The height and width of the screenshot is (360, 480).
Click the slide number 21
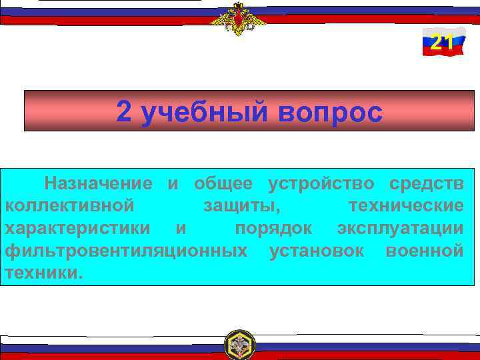click(x=442, y=43)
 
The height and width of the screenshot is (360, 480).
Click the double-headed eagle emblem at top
click(x=238, y=18)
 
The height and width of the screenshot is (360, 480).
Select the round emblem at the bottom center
click(x=239, y=345)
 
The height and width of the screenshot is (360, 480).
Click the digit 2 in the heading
click(x=124, y=112)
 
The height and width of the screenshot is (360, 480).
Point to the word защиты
click(x=242, y=205)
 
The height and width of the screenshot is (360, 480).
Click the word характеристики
click(x=77, y=228)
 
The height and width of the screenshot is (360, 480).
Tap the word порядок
click(x=273, y=228)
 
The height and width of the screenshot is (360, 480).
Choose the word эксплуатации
click(x=400, y=228)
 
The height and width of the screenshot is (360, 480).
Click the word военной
click(x=425, y=251)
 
